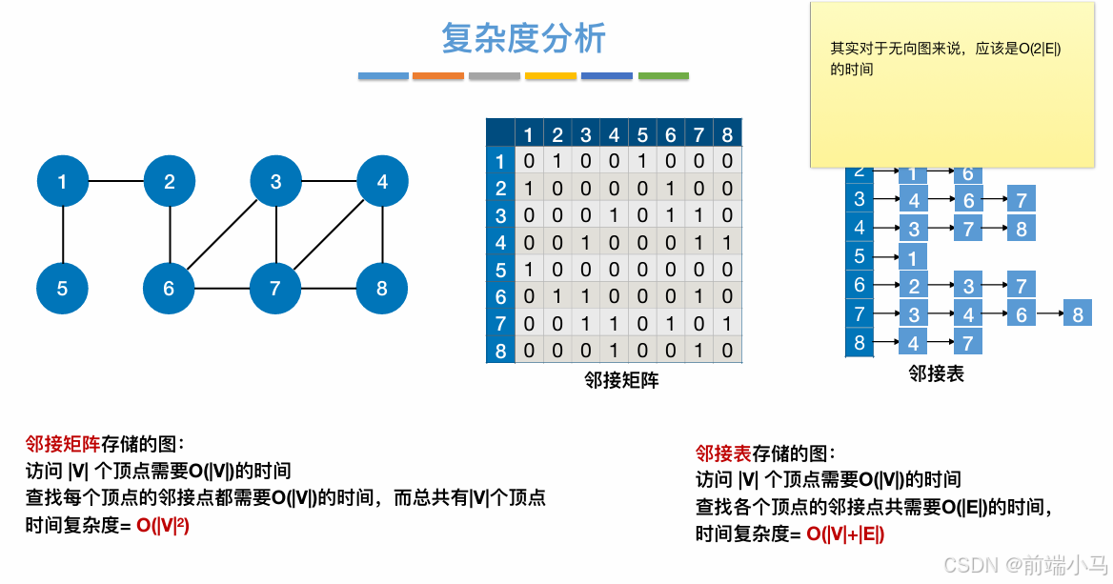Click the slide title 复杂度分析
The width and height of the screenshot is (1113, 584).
pyautogui.click(x=523, y=39)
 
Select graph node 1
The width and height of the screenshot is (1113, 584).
pyautogui.click(x=63, y=181)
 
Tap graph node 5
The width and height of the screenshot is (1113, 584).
pyautogui.click(x=63, y=288)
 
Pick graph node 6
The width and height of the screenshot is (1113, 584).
pyautogui.click(x=170, y=288)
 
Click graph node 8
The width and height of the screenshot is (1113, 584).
pyautogui.click(x=382, y=288)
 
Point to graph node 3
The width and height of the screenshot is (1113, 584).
pyautogui.click(x=276, y=181)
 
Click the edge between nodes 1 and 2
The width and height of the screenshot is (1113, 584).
pyautogui.click(x=116, y=181)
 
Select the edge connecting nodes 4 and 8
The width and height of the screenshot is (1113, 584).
pyautogui.click(x=382, y=234)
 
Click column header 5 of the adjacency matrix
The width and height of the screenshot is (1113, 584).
pyautogui.click(x=642, y=134)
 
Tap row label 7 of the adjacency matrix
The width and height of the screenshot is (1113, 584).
pyautogui.click(x=500, y=324)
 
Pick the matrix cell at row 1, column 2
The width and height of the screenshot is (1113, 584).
pyautogui.click(x=557, y=161)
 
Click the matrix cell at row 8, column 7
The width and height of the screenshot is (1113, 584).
pyautogui.click(x=699, y=351)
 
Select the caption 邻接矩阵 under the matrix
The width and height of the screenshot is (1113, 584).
pyautogui.click(x=621, y=380)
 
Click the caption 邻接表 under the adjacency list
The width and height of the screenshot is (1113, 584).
pyautogui.click(x=936, y=374)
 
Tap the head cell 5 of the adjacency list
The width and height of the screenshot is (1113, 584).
pyautogui.click(x=860, y=256)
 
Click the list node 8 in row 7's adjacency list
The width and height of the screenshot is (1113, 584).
pyautogui.click(x=1078, y=313)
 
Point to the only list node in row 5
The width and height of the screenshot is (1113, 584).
pyautogui.click(x=913, y=258)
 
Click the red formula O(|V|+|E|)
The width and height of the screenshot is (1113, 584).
pyautogui.click(x=845, y=534)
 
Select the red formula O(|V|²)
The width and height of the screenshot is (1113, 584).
pyautogui.click(x=163, y=525)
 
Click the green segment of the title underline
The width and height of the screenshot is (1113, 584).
pyautogui.click(x=663, y=76)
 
